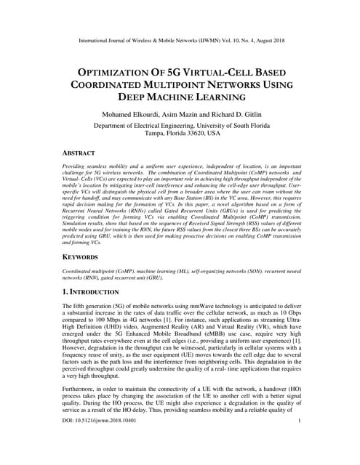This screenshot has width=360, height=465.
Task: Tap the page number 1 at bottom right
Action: click(300, 440)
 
